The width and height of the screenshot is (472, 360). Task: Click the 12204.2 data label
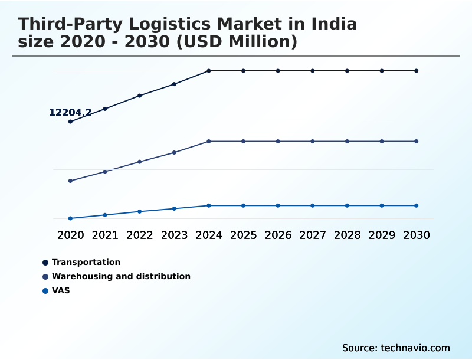click(x=70, y=113)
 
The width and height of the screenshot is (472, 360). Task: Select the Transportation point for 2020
click(x=70, y=122)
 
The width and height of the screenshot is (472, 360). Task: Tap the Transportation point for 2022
click(x=140, y=96)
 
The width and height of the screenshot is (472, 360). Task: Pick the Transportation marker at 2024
click(x=209, y=71)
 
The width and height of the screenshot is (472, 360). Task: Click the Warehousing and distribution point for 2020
click(x=70, y=181)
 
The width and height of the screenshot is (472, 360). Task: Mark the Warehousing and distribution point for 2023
click(x=174, y=152)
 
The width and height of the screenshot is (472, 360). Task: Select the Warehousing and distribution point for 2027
click(x=313, y=141)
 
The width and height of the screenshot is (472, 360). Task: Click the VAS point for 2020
click(x=70, y=218)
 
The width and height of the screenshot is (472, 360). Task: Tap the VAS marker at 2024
click(x=209, y=205)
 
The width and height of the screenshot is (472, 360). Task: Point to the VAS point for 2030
click(x=417, y=205)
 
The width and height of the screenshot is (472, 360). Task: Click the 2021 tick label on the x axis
click(x=105, y=235)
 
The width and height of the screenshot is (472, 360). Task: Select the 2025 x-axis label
click(x=243, y=235)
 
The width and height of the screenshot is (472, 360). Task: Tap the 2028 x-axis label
click(x=347, y=235)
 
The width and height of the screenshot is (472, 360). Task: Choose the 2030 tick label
click(x=417, y=235)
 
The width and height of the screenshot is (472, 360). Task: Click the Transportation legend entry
click(x=86, y=262)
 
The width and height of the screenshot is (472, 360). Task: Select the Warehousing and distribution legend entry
click(x=120, y=276)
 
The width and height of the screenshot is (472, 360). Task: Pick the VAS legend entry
click(x=60, y=290)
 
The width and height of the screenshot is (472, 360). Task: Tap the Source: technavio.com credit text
click(x=396, y=348)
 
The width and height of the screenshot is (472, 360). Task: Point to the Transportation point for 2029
click(x=382, y=71)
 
